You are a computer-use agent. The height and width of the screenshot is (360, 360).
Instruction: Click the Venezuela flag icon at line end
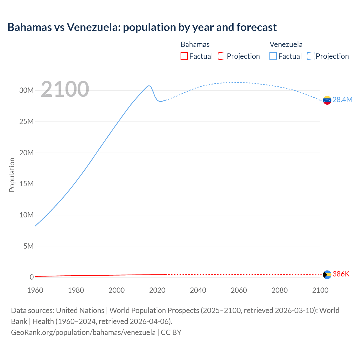click(x=327, y=100)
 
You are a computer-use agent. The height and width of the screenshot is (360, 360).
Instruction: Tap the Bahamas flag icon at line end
click(x=327, y=274)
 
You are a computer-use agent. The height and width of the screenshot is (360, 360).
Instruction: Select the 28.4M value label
click(x=342, y=100)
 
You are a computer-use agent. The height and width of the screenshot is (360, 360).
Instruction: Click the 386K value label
click(x=341, y=274)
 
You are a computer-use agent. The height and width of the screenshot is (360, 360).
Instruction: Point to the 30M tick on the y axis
click(x=26, y=91)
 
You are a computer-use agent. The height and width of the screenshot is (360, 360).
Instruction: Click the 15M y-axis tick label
click(x=26, y=184)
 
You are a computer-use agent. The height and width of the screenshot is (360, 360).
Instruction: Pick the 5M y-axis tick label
click(x=28, y=246)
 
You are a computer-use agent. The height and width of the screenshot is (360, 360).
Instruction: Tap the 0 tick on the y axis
click(x=31, y=277)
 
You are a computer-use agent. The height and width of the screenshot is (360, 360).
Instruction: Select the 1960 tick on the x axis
click(x=35, y=290)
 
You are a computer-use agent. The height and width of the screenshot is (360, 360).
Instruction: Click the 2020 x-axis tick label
click(x=157, y=290)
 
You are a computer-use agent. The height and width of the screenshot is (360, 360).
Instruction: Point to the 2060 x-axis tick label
click(x=239, y=290)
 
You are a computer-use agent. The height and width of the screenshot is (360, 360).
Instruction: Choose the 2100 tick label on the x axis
click(x=320, y=290)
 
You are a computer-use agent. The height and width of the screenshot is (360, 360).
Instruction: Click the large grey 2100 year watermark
click(x=65, y=89)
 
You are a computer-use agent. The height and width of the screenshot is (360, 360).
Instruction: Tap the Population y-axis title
click(x=12, y=175)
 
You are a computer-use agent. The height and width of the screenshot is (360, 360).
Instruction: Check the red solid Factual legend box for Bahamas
click(x=184, y=56)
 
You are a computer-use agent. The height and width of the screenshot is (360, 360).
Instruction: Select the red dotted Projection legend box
click(x=222, y=56)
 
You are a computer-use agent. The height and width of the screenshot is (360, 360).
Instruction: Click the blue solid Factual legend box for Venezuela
click(x=273, y=56)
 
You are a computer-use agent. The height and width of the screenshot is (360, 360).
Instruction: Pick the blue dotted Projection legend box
click(x=311, y=56)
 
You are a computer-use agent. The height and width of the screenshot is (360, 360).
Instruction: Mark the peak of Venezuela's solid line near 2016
click(x=149, y=85)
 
